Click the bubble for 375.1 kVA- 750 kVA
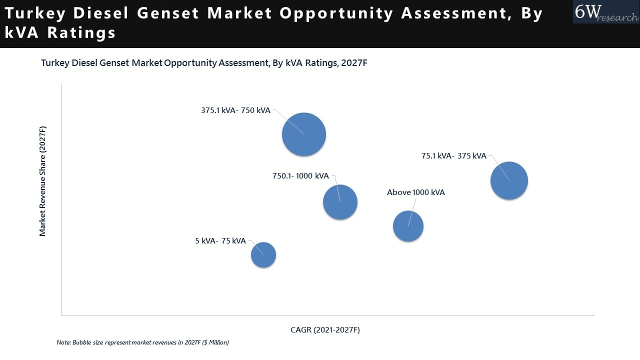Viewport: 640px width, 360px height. click(x=304, y=134)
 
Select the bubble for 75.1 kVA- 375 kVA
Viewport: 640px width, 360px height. click(x=509, y=180)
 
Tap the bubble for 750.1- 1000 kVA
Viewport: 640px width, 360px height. click(x=340, y=202)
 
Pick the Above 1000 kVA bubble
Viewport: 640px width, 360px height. click(x=408, y=226)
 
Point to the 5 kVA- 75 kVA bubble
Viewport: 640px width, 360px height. click(x=263, y=255)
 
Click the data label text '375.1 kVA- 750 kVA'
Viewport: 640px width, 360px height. click(x=235, y=110)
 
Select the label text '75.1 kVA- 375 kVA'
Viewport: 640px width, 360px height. click(x=453, y=156)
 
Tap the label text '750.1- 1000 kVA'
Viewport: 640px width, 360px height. click(x=300, y=176)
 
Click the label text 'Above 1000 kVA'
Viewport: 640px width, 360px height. click(x=415, y=192)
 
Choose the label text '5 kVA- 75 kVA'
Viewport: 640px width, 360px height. click(x=220, y=241)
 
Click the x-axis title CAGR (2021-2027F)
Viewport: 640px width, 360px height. click(x=325, y=330)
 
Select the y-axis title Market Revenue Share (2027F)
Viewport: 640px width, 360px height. click(x=42, y=181)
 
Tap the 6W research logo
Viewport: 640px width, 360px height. click(x=605, y=12)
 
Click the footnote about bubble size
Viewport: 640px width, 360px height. click(x=142, y=342)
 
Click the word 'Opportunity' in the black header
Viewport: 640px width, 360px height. click(x=336, y=13)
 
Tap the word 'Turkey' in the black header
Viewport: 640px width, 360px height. click(x=31, y=13)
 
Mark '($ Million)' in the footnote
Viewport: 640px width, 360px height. click(x=215, y=342)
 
